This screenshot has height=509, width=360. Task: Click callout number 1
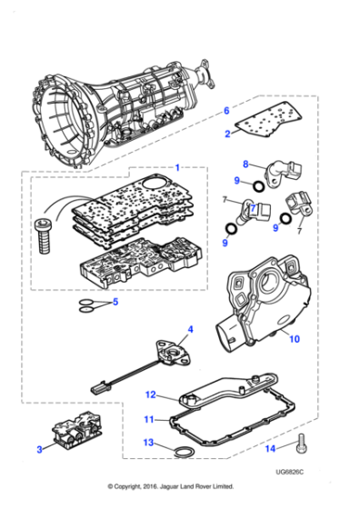tap(178, 168)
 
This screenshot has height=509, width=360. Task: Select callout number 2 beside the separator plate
tap(227, 134)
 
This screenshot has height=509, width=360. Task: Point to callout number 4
tap(190, 328)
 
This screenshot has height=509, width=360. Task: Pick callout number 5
tap(115, 303)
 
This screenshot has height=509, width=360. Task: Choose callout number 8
tap(245, 165)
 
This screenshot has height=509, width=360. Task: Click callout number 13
tap(150, 443)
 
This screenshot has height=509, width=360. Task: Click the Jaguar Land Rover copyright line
tap(180, 486)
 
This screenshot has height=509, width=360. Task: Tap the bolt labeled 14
tap(299, 444)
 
